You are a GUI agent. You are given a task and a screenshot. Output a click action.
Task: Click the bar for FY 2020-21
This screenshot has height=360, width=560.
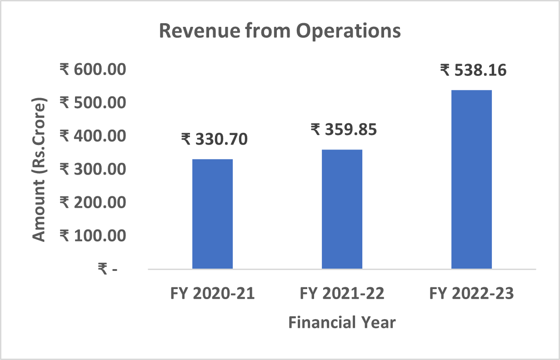coord(212,214)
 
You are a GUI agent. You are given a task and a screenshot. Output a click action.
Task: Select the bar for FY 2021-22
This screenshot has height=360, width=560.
coord(342,209)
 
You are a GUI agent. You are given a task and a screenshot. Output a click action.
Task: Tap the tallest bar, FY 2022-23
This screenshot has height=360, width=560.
coord(471,179)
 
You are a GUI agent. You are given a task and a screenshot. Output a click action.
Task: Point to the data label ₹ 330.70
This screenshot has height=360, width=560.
coord(214,139)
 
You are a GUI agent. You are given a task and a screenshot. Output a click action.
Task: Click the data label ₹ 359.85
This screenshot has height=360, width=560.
coord(344,130)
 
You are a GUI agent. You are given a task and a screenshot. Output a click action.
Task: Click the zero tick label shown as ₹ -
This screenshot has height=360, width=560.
coord(108,269)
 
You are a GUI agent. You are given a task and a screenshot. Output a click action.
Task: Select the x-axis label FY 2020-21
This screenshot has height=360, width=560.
coord(212,294)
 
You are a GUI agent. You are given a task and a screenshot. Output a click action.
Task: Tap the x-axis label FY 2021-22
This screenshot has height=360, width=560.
coord(342,294)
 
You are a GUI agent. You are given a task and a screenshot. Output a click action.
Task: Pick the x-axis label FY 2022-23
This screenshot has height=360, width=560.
coord(471,294)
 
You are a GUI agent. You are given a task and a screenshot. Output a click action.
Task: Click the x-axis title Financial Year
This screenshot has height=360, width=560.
coord(342,322)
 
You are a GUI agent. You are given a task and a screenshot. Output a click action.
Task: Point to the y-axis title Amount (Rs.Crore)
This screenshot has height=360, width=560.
coord(40,169)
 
